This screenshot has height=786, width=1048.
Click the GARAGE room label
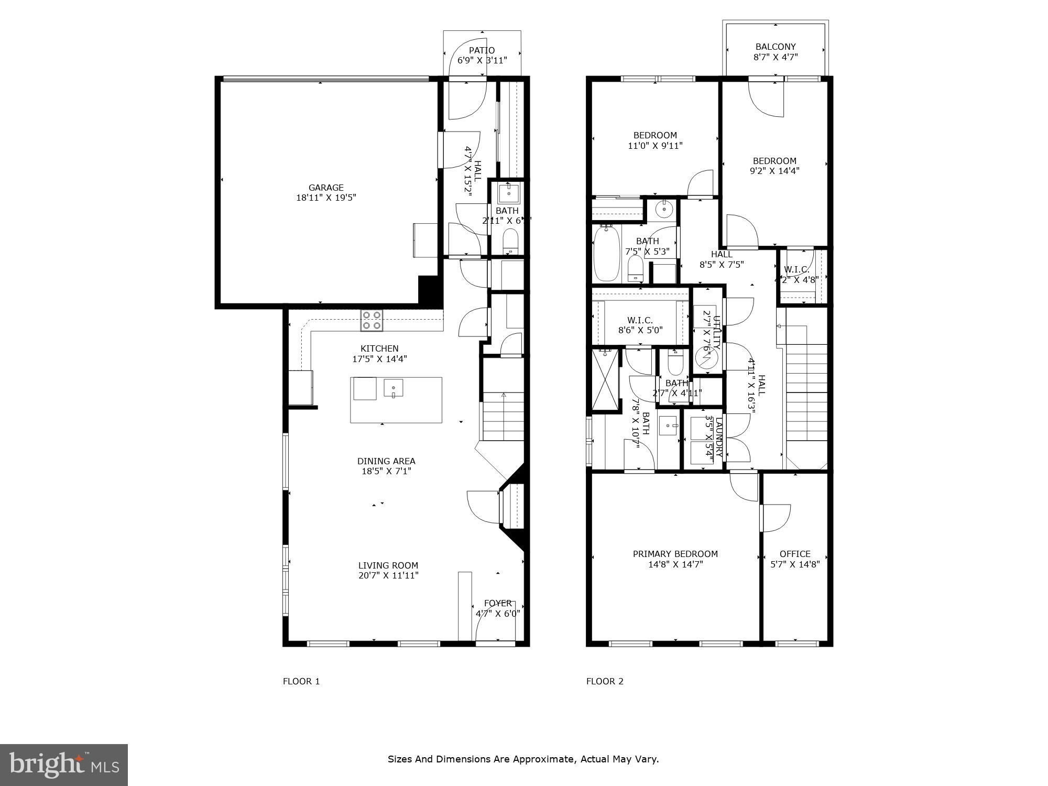point(326,188)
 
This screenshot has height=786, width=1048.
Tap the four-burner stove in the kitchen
point(372,320)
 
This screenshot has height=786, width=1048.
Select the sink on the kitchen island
point(393,388)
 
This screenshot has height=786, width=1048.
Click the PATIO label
point(482,50)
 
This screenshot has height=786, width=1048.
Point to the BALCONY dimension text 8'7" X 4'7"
point(775,57)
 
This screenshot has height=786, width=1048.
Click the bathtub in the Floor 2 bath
point(606,254)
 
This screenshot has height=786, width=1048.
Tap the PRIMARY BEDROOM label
point(675,554)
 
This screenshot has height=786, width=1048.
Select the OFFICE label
point(794,554)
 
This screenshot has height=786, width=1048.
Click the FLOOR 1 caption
point(301,681)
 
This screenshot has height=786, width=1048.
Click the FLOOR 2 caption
point(605,681)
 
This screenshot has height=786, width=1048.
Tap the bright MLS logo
point(64,765)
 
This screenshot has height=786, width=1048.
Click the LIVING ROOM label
point(388,565)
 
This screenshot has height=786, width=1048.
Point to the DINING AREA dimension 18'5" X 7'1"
point(386,471)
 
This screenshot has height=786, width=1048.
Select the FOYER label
point(497,603)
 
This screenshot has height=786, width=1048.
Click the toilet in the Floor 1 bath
point(510,243)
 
